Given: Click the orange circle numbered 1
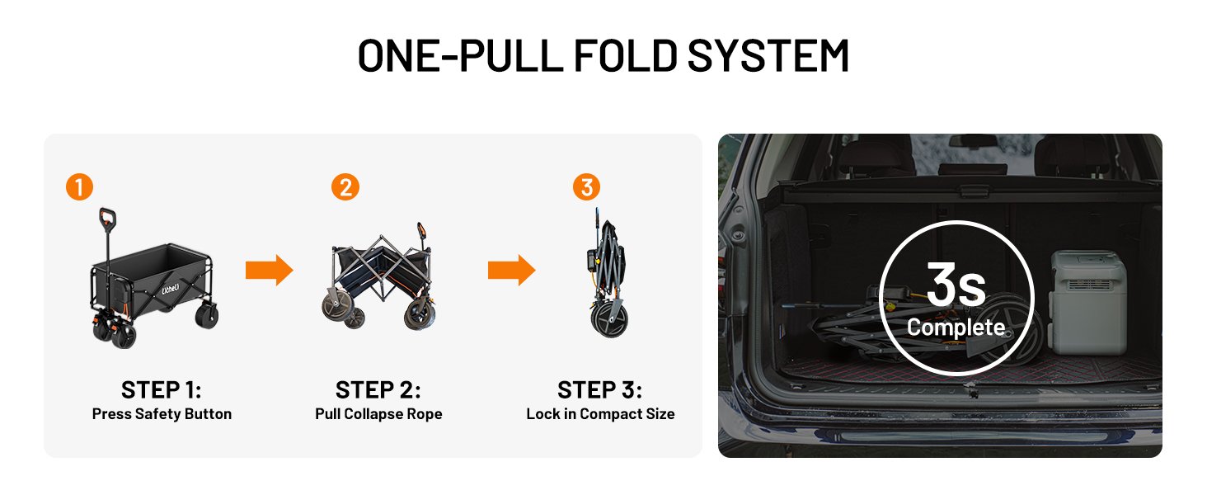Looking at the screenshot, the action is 79,187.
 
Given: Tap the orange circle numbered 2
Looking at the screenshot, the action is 345,187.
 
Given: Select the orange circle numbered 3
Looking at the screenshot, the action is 586,187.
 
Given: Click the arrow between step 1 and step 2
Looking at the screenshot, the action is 269,270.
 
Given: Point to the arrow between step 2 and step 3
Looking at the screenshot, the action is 511,270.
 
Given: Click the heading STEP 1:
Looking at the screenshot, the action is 161,390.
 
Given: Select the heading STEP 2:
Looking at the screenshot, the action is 378,390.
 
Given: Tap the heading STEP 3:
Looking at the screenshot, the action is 599,390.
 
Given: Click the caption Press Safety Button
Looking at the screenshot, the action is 162,414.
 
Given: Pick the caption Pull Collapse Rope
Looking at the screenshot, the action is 378,414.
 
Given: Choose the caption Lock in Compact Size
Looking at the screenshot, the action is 600,414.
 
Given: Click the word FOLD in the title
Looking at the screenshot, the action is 625,55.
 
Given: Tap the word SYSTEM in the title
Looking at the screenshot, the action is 768,55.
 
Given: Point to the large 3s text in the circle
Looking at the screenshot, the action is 956,284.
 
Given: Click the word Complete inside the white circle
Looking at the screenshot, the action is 956,328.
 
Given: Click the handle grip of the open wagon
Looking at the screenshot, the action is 107,219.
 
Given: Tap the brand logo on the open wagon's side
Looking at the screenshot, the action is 171,289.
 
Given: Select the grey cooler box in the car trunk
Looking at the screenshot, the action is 1088,302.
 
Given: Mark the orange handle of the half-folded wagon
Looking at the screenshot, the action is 420,233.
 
